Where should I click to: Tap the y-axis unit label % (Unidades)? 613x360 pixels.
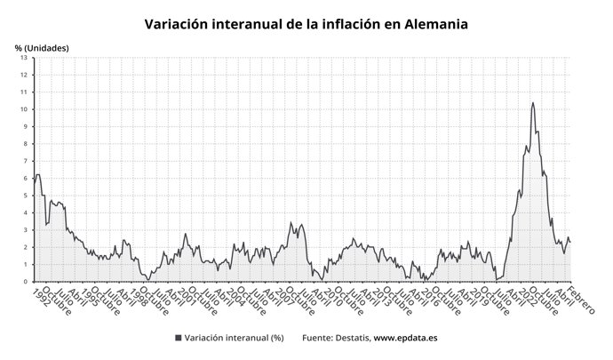42,47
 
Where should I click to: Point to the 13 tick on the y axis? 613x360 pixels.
24,57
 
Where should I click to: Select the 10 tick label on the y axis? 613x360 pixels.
24,108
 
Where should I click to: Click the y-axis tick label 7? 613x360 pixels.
26,161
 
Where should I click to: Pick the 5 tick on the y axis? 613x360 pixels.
26,196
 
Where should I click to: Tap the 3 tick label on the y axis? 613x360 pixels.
26,230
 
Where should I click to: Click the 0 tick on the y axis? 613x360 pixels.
26,282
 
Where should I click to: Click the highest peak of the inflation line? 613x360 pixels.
533,103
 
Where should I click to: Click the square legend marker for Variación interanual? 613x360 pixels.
179,339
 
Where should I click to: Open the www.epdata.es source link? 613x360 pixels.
410,339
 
